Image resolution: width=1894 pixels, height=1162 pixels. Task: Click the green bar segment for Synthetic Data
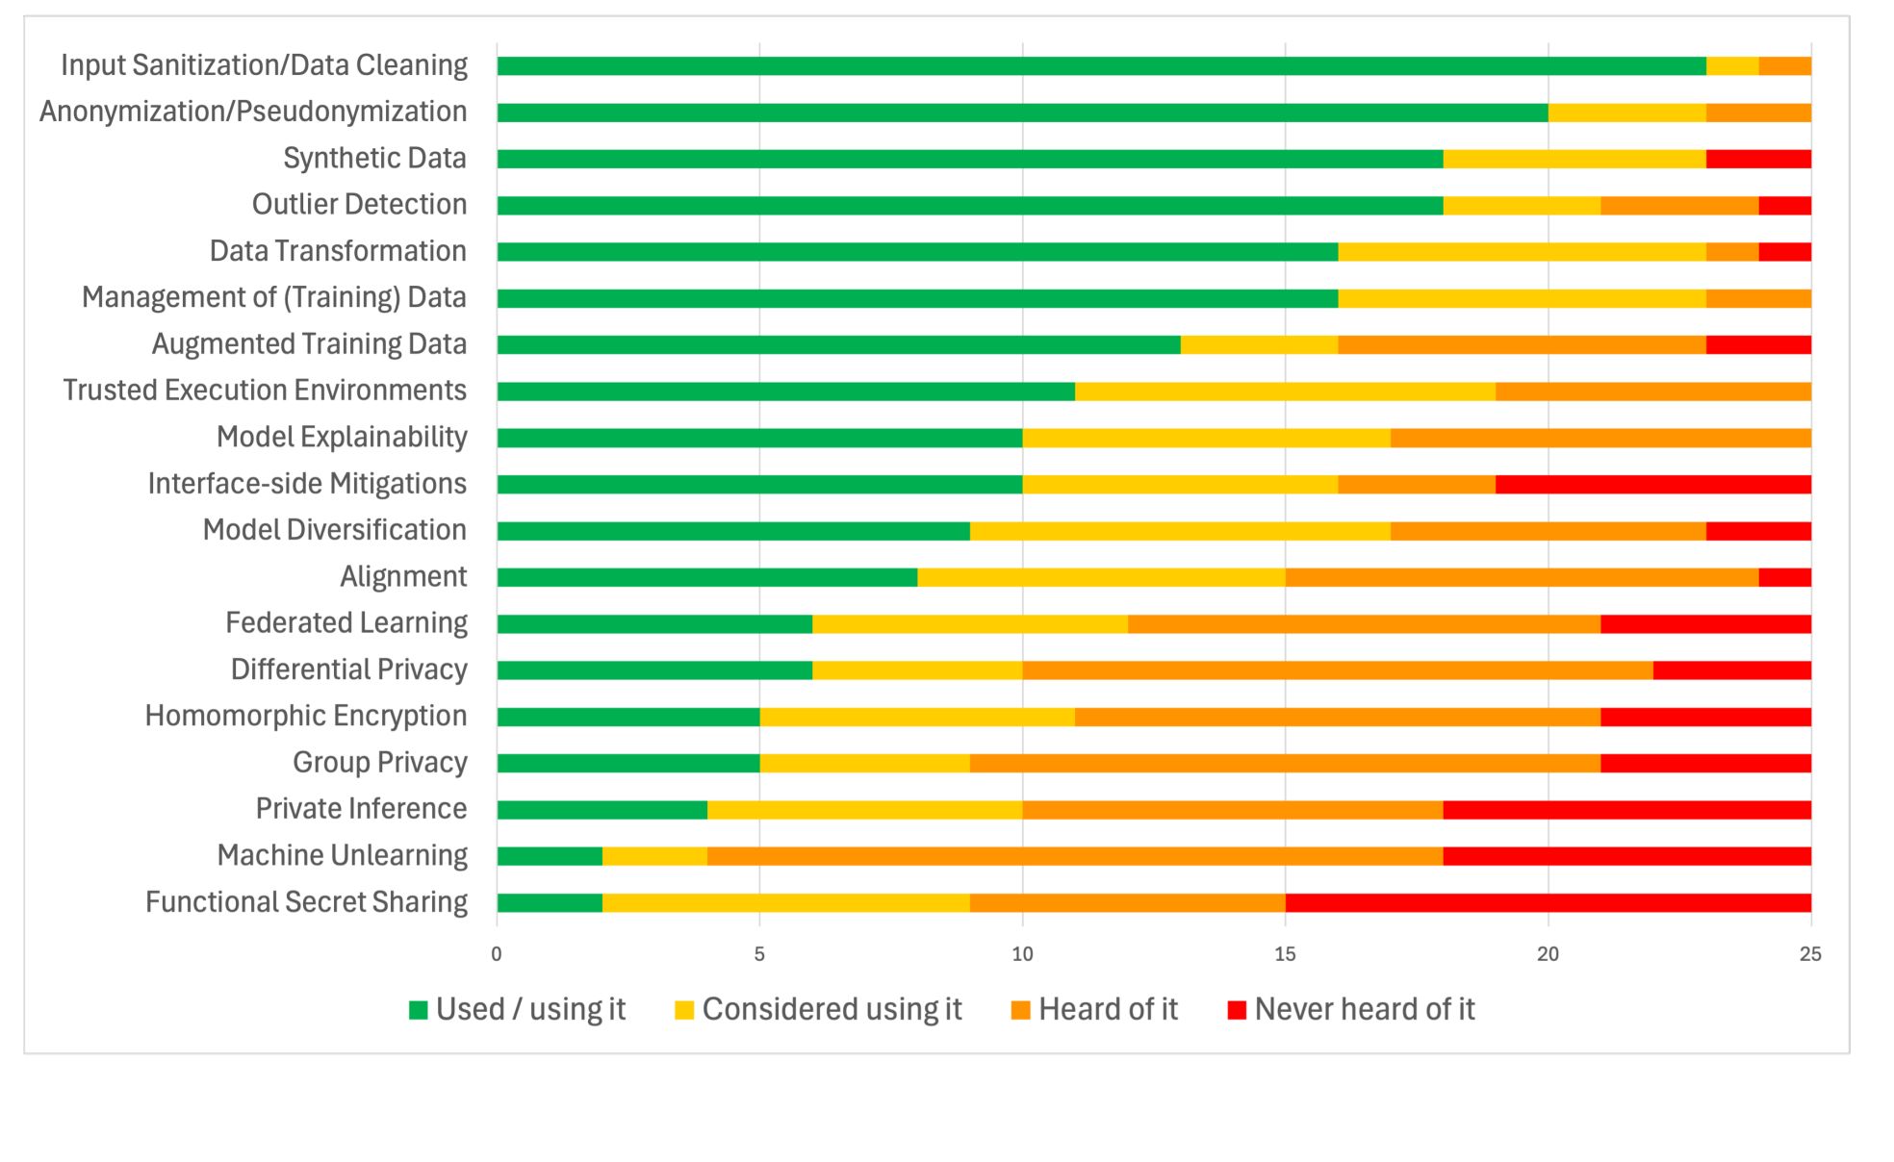[970, 159]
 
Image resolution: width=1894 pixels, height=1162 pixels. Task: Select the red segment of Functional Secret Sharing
[1548, 903]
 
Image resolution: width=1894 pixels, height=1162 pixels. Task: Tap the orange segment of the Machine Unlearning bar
[1075, 856]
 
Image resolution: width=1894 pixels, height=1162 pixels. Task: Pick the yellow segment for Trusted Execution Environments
[1285, 392]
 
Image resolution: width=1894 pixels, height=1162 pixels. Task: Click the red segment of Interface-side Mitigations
[1653, 485]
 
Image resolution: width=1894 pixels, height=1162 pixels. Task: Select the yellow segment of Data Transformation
[1522, 252]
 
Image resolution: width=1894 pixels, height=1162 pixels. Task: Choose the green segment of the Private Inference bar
[602, 810]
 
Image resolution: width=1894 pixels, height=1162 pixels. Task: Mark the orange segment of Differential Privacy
[1338, 670]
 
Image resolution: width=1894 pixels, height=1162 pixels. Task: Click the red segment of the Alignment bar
[1784, 577]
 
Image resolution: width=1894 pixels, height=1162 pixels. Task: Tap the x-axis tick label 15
[1285, 954]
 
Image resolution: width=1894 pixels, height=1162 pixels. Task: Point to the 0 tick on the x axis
[497, 954]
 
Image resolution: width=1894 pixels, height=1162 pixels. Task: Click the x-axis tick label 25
[1810, 954]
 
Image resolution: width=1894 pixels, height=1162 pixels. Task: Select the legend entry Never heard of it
[1364, 1009]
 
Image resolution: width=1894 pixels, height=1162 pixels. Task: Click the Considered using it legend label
[832, 1009]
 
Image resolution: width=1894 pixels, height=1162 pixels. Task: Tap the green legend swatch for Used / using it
[419, 1010]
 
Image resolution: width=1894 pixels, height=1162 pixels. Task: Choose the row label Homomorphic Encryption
[306, 716]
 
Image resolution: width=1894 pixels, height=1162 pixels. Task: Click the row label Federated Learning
[346, 623]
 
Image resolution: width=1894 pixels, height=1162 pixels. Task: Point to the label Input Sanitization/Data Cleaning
[264, 65]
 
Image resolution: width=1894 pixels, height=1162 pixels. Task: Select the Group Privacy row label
[380, 763]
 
